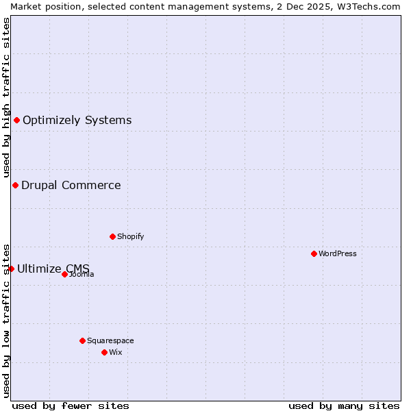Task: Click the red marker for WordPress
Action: pos(314,253)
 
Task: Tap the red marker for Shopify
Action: pos(112,236)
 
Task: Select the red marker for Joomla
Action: pos(64,274)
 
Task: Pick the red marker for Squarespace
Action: pos(82,340)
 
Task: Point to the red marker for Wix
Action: pos(104,352)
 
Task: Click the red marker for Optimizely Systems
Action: pos(16,121)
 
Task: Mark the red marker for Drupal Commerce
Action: pos(15,185)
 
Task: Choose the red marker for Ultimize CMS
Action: pos(11,269)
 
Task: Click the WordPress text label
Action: pos(338,253)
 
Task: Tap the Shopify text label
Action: pos(130,236)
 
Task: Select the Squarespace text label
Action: pos(110,340)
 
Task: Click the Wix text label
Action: pos(116,352)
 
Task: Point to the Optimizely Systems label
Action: pos(77,121)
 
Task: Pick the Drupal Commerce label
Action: pos(71,185)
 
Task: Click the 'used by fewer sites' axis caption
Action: pos(71,406)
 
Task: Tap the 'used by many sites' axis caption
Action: pos(344,406)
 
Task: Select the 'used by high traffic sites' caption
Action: pos(6,97)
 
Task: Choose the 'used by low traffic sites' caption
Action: pos(6,319)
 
